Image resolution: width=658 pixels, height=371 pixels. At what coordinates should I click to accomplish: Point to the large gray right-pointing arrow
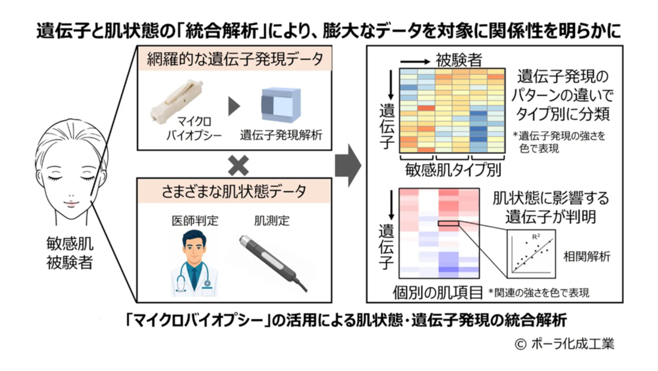[348, 165]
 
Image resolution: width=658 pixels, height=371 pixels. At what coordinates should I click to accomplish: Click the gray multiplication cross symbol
[238, 166]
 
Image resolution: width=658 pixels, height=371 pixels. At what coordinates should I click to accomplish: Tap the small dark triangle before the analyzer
[234, 106]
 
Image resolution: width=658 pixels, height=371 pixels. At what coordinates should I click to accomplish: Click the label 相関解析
[587, 257]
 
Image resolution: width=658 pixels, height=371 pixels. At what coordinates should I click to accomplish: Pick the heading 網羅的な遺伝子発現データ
[235, 59]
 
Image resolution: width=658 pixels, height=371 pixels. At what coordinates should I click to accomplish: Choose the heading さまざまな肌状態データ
[234, 191]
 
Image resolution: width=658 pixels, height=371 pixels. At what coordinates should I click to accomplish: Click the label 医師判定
[195, 220]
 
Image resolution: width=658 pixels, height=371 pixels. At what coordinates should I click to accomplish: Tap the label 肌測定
[272, 220]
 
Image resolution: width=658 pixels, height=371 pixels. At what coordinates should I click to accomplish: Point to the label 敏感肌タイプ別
[453, 170]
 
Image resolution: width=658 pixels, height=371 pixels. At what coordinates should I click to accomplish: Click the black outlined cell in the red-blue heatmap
[449, 223]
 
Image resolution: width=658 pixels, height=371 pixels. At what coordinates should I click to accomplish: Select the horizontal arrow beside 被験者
[415, 62]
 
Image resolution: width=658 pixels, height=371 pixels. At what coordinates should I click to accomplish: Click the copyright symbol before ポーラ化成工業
[521, 344]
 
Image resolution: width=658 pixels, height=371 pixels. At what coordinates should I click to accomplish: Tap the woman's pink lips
[71, 204]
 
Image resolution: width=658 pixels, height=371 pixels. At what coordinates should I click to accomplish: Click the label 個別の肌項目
[437, 293]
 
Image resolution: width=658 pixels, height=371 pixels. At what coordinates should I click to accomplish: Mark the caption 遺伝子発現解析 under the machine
[281, 135]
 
